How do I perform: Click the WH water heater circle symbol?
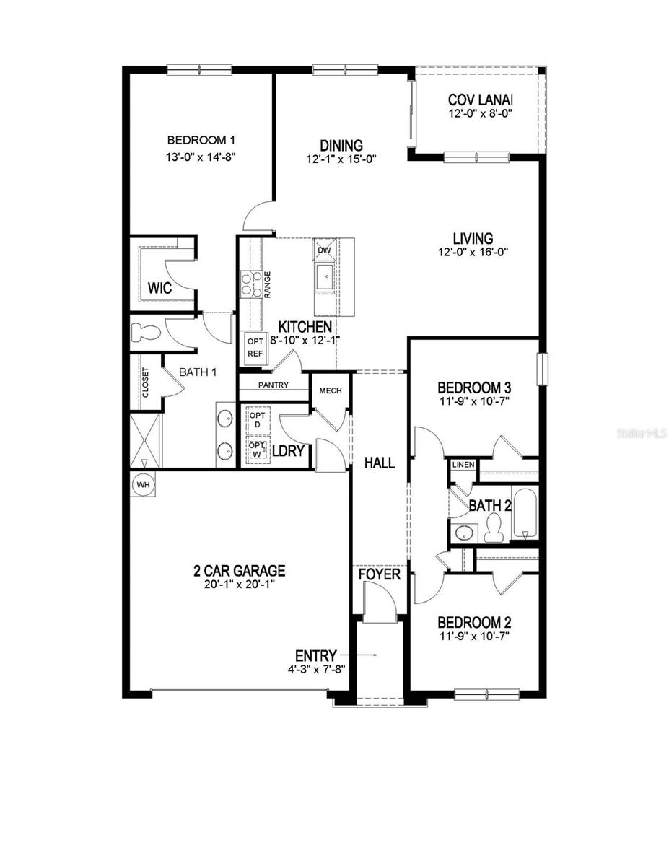coord(143,485)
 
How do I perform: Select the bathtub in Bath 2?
coord(526,515)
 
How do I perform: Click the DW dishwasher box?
coord(325,250)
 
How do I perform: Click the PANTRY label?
coord(272,385)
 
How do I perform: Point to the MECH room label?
coord(330,391)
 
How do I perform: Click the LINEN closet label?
coord(463,465)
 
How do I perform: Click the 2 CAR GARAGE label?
coord(239,571)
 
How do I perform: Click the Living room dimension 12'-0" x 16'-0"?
coord(473,252)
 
